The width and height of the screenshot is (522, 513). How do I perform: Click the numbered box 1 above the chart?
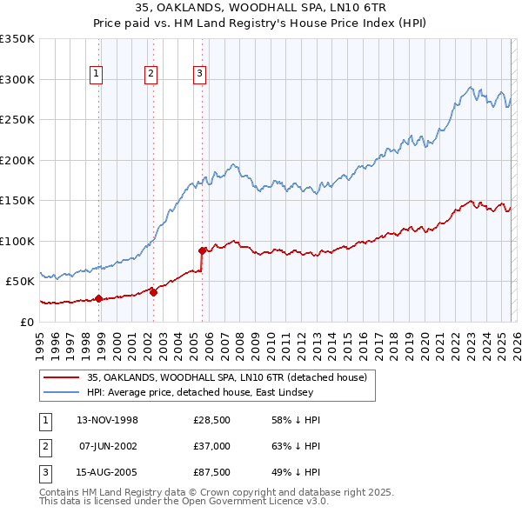[x=96, y=75]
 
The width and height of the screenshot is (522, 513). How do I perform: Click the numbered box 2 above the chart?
[x=151, y=75]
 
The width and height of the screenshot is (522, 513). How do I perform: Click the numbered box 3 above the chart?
[x=199, y=75]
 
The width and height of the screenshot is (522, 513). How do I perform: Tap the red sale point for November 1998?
[x=98, y=298]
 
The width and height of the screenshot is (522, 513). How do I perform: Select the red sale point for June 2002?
[x=153, y=292]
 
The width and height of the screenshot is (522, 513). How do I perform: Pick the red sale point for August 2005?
[x=202, y=251]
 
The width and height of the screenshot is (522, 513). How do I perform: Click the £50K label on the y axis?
[x=20, y=282]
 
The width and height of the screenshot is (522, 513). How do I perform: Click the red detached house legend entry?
[x=227, y=377]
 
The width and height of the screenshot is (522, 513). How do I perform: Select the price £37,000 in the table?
[x=211, y=446]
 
